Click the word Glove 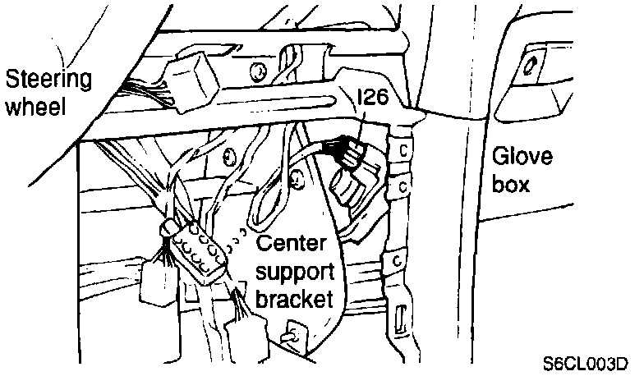pos(522,157)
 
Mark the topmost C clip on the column pos(403,150)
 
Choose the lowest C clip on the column pos(397,262)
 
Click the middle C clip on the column pos(402,188)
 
